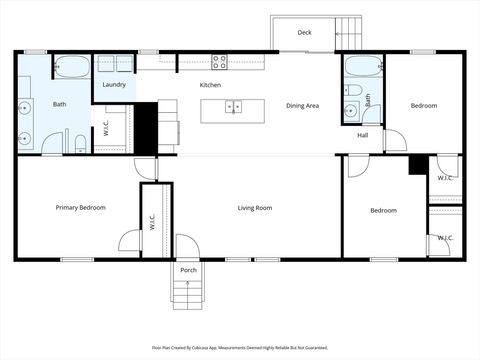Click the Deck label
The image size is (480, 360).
(305, 33)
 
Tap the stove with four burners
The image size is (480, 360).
(219, 61)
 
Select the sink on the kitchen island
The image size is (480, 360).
(234, 106)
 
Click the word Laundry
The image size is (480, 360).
(114, 85)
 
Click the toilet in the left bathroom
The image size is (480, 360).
(80, 142)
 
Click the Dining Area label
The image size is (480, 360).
(302, 106)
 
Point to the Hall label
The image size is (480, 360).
(362, 135)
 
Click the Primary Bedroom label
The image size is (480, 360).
(80, 208)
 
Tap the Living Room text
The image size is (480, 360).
(255, 208)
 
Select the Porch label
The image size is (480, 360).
(188, 270)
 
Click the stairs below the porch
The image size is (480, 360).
(187, 291)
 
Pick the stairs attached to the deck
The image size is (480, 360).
(349, 30)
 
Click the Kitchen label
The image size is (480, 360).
(210, 85)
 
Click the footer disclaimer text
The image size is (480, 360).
(240, 348)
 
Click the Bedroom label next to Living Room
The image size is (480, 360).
(383, 210)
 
